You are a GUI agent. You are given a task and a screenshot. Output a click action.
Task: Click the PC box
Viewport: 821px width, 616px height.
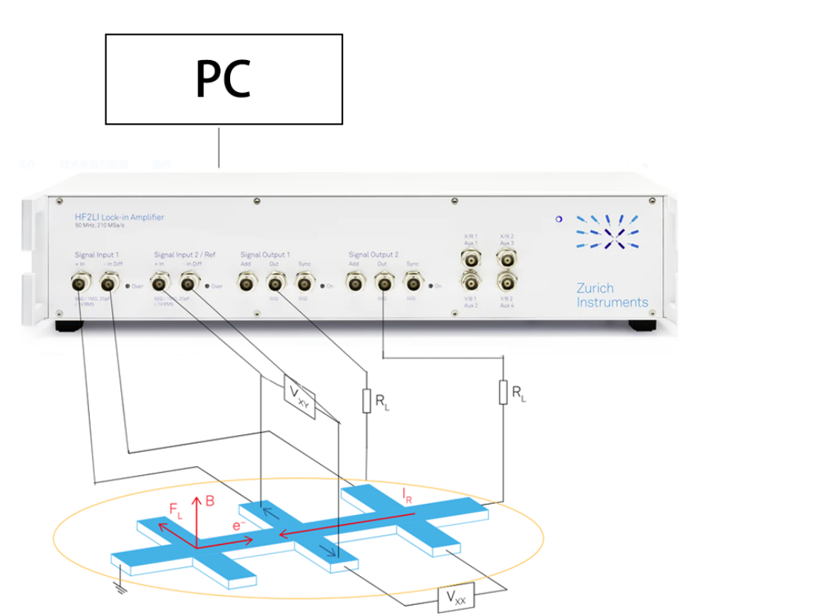(223, 79)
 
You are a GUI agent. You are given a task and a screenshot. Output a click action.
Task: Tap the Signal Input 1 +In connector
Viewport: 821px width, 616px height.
(81, 282)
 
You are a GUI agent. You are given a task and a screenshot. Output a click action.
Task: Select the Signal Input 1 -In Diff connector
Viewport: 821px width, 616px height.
(110, 282)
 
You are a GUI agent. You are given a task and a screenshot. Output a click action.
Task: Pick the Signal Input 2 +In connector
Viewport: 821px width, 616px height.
(160, 282)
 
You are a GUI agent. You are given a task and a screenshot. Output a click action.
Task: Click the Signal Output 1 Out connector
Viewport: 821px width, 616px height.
(275, 282)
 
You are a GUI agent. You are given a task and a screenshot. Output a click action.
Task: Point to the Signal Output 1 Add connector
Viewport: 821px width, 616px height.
(246, 282)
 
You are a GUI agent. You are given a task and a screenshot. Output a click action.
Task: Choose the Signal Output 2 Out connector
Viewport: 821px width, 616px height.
(384, 282)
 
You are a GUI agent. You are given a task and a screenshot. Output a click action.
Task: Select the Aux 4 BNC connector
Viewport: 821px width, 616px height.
(507, 282)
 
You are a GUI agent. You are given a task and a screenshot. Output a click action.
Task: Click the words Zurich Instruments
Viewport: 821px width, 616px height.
(612, 295)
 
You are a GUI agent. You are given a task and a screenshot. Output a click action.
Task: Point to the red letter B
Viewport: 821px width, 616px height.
(210, 501)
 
